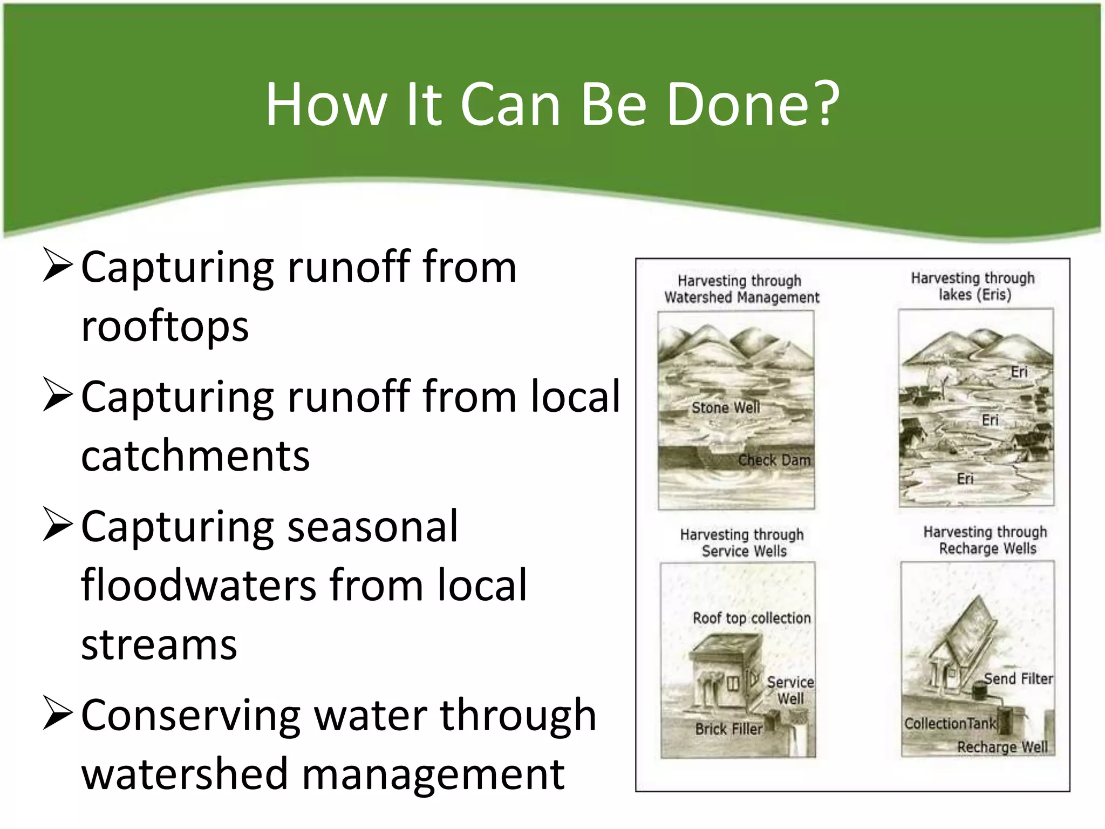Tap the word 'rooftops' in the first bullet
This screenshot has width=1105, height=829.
click(x=165, y=327)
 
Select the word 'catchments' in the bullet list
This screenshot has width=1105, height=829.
click(x=195, y=456)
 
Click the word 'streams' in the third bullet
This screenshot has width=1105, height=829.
click(x=159, y=645)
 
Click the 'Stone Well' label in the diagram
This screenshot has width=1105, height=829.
click(x=726, y=408)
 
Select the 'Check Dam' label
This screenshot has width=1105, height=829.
click(x=774, y=460)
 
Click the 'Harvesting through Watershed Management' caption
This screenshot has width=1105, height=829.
click(x=741, y=289)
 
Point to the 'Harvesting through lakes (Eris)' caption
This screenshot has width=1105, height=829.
click(x=973, y=287)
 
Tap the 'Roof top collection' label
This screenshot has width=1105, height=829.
click(x=752, y=619)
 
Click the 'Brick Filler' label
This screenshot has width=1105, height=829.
click(x=728, y=730)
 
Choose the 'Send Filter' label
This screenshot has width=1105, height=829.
click(x=1018, y=679)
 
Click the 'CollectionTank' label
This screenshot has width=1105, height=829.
click(x=950, y=724)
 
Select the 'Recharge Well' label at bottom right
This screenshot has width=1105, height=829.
click(x=1002, y=748)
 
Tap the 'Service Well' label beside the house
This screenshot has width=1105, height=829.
click(x=790, y=690)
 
